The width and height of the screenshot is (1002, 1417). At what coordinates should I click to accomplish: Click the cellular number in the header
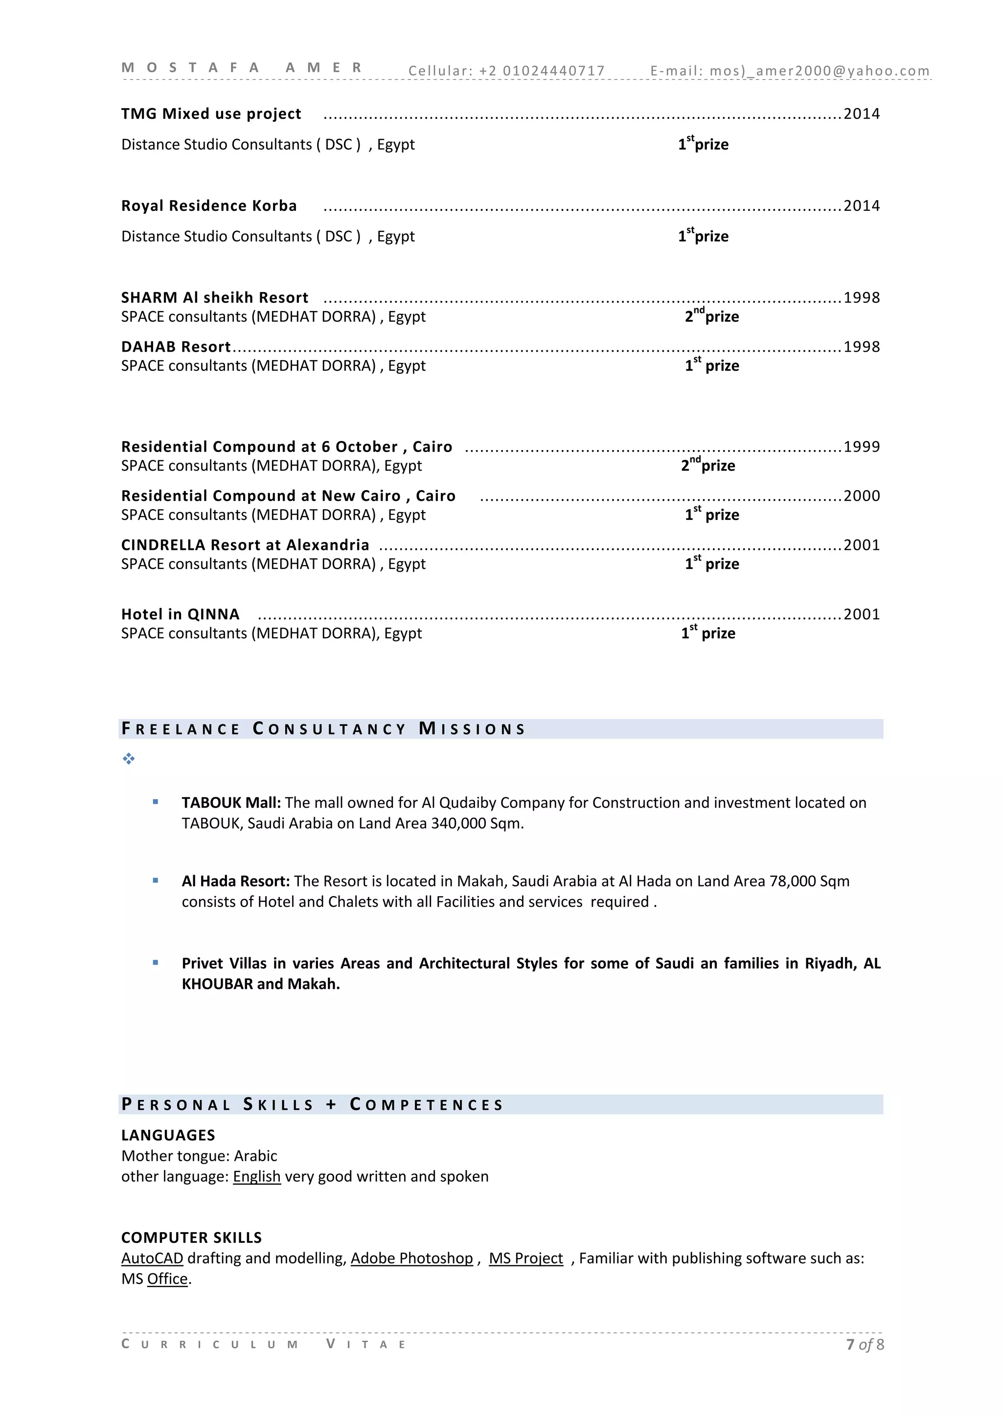click(x=553, y=71)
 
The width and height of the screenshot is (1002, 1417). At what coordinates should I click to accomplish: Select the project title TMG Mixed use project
click(x=211, y=114)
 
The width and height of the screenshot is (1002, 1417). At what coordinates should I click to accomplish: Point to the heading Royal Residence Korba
click(x=209, y=206)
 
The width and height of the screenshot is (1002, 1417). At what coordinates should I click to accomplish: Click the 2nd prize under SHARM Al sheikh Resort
click(x=711, y=316)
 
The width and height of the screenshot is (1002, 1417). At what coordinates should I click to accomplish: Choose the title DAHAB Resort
click(x=176, y=347)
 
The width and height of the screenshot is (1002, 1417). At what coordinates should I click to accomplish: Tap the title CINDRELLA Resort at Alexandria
click(x=245, y=545)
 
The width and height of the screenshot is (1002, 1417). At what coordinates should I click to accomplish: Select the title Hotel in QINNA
click(x=180, y=615)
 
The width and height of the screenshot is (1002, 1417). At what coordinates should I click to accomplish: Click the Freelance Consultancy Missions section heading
click(x=323, y=729)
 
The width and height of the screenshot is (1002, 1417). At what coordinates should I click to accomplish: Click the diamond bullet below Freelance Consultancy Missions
click(x=128, y=759)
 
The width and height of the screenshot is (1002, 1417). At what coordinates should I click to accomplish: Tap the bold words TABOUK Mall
click(x=231, y=803)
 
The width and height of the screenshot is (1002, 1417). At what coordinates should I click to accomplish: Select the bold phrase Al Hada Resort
click(x=235, y=881)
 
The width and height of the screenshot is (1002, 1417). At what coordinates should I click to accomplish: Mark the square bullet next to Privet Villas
click(x=156, y=963)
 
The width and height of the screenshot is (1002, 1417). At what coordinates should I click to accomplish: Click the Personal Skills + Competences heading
click(x=313, y=1105)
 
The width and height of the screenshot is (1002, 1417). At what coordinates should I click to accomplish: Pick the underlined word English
click(x=256, y=1177)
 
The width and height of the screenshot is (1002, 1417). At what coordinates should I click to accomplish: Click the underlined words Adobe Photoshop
click(x=412, y=1259)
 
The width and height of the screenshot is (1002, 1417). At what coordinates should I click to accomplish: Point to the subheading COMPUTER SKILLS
click(x=191, y=1238)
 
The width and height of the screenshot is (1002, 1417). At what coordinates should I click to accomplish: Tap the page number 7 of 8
click(x=865, y=1345)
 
